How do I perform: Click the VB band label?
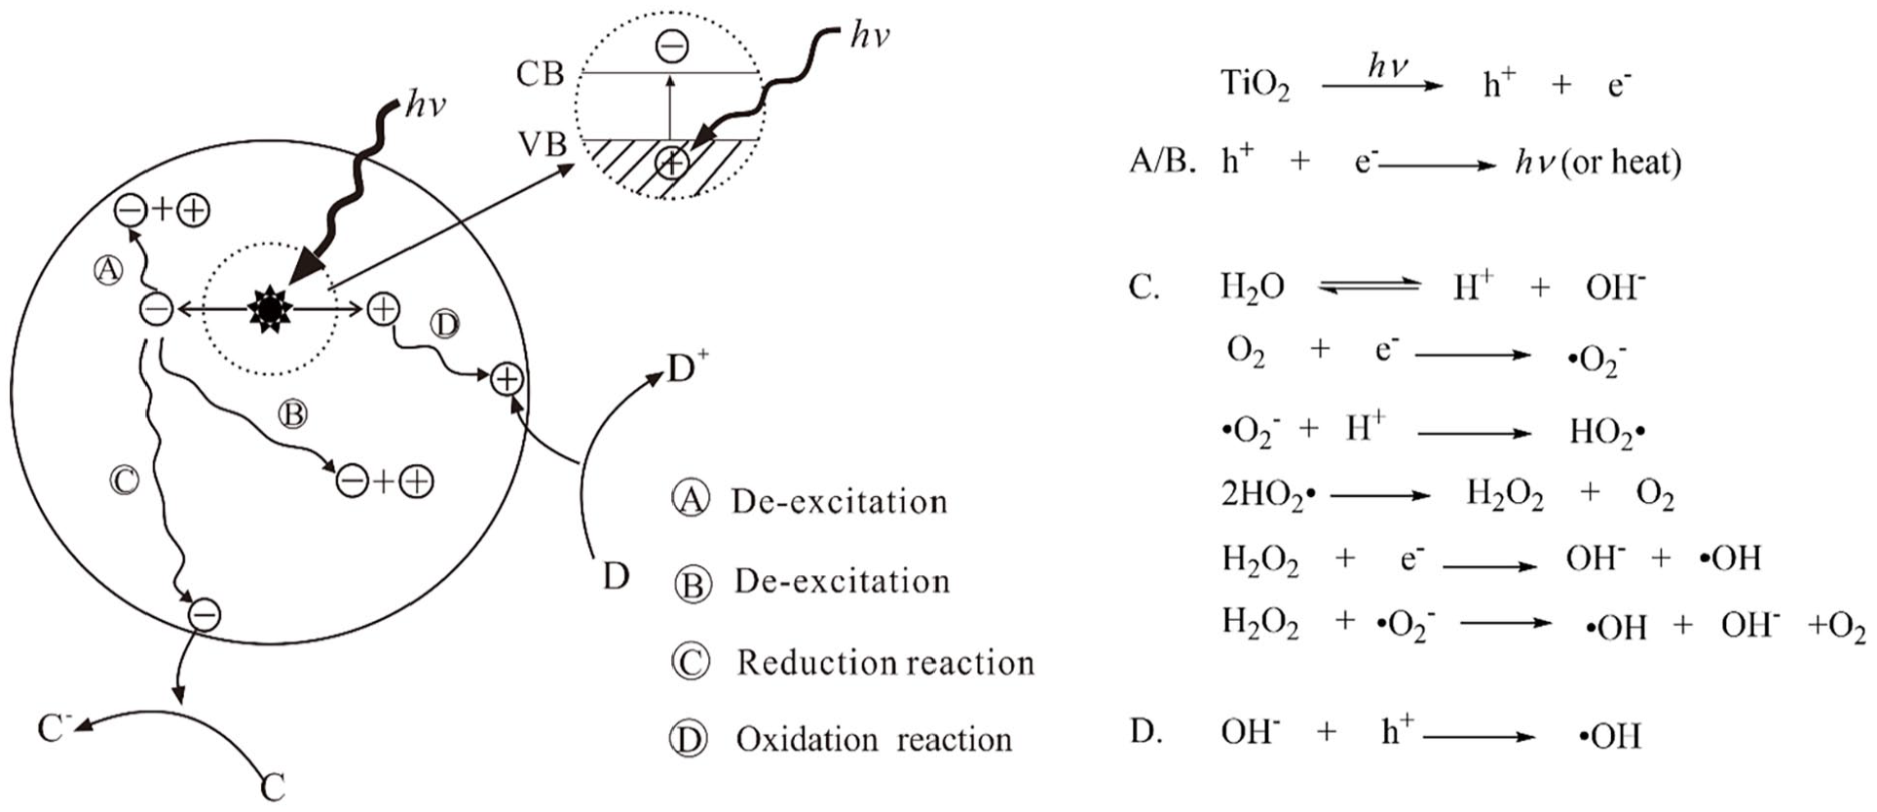pos(543,144)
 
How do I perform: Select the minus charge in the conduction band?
pos(672,45)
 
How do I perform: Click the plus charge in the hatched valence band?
pos(672,162)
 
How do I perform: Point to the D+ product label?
pos(688,369)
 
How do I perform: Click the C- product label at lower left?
pos(54,727)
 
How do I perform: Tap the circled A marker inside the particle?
pos(108,270)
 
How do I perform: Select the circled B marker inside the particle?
pos(292,414)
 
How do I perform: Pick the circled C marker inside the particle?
pos(124,481)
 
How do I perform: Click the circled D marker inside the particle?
pos(444,325)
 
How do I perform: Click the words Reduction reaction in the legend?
pos(884,663)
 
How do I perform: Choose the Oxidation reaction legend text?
pos(874,740)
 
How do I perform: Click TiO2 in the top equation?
pos(1255,86)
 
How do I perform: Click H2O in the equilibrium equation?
pos(1253,289)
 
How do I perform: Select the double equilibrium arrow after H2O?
pos(1369,287)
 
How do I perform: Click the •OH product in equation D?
pos(1609,736)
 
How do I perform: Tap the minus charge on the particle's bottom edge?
pos(204,614)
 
